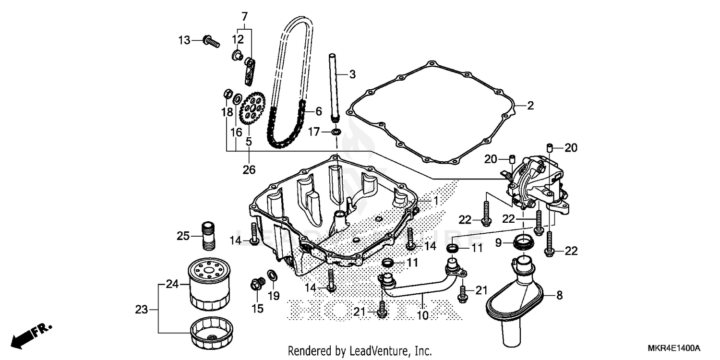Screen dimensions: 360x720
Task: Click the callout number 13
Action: pyautogui.click(x=184, y=40)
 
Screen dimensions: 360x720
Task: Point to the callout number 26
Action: pyautogui.click(x=249, y=169)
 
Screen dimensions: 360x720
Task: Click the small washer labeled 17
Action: pyautogui.click(x=336, y=132)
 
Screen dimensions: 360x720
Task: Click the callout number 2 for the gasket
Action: pyautogui.click(x=530, y=106)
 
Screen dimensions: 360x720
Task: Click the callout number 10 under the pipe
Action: pyautogui.click(x=423, y=315)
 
